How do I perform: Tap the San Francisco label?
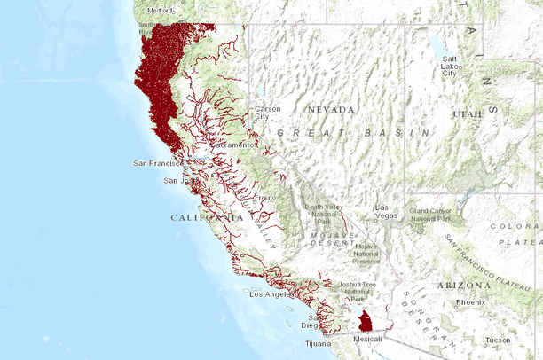pyautogui.click(x=157, y=163)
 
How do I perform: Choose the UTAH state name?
pyautogui.click(x=467, y=114)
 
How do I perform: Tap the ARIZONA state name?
pyautogui.click(x=463, y=285)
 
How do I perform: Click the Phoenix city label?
pyautogui.click(x=469, y=302)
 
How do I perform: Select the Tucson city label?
pyautogui.click(x=498, y=340)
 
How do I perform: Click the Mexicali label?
pyautogui.click(x=367, y=339)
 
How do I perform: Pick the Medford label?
pyautogui.click(x=160, y=10)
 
